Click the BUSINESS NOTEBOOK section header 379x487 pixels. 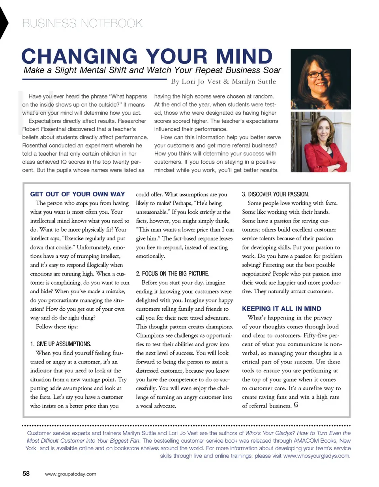point(82,24)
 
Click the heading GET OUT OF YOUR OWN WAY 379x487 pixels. point(77,194)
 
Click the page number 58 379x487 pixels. point(26,474)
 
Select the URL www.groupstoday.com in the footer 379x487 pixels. point(71,474)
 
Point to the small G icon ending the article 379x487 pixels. point(296,416)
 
